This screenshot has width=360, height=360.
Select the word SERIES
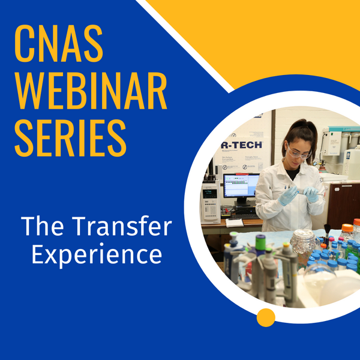point(70,139)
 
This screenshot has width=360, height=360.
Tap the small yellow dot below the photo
point(265,317)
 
